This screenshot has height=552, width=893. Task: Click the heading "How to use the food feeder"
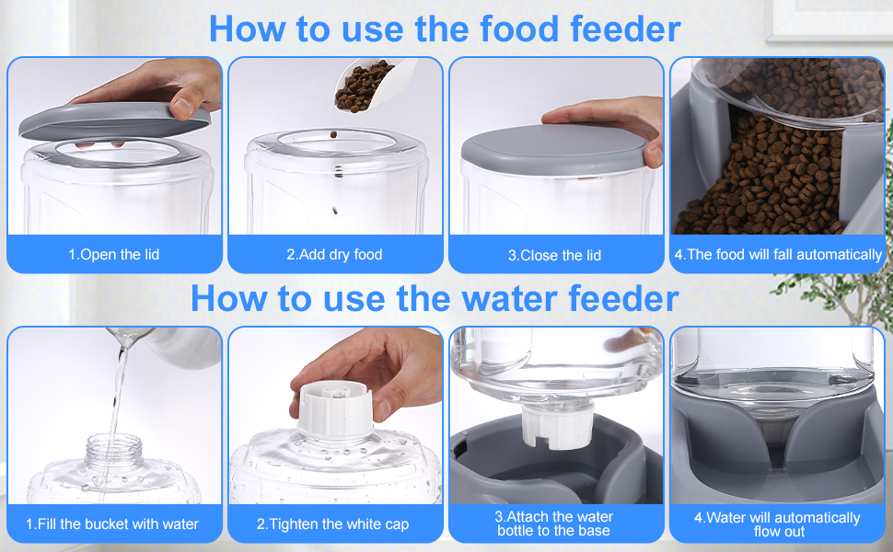click(445, 29)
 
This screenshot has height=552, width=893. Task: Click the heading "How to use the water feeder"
click(435, 298)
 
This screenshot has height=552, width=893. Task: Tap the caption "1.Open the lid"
click(114, 254)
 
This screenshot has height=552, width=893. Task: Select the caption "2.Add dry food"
click(334, 254)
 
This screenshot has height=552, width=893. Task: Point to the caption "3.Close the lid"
click(555, 255)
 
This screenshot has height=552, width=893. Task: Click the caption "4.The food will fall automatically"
click(778, 254)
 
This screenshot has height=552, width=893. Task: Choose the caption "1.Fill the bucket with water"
click(112, 523)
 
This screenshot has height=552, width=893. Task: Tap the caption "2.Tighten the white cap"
click(332, 523)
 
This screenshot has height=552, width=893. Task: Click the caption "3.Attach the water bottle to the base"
click(554, 523)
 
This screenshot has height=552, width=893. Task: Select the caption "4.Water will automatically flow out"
click(777, 524)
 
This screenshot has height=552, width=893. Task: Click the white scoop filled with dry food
click(373, 85)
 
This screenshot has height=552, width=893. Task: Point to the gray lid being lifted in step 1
click(114, 121)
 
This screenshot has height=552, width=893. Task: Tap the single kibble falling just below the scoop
click(333, 135)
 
